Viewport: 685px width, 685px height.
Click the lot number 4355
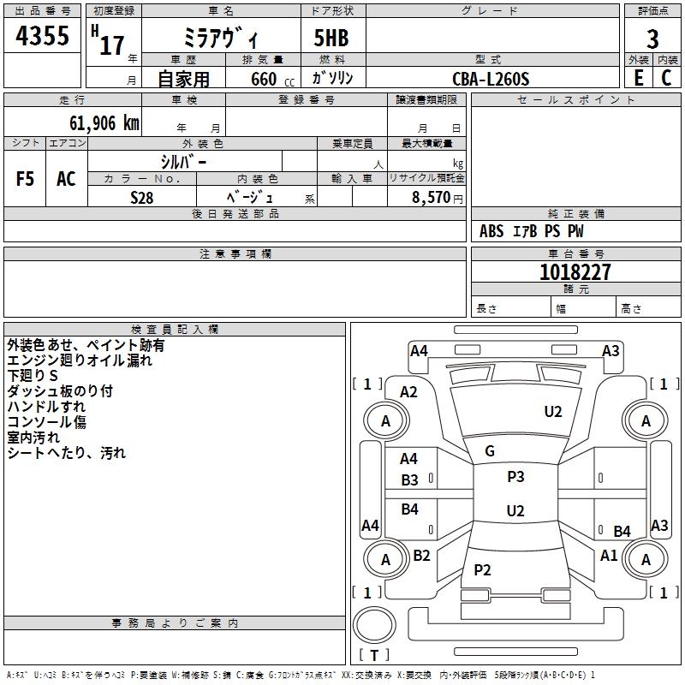pyautogui.click(x=42, y=39)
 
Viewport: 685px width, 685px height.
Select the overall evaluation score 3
pyautogui.click(x=652, y=39)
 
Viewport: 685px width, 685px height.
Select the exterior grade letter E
pyautogui.click(x=638, y=78)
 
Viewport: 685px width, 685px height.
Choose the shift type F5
pyautogui.click(x=26, y=179)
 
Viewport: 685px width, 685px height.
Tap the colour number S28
pyautogui.click(x=141, y=196)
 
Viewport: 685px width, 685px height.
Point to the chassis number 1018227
pyautogui.click(x=575, y=272)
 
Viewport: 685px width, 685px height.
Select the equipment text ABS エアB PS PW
pyautogui.click(x=532, y=231)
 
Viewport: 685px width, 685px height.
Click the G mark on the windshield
pyautogui.click(x=490, y=451)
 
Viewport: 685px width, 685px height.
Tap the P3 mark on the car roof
pyautogui.click(x=515, y=477)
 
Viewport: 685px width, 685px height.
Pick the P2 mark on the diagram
pyautogui.click(x=483, y=570)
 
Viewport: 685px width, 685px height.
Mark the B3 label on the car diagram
pyautogui.click(x=410, y=480)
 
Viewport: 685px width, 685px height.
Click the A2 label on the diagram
pyautogui.click(x=409, y=391)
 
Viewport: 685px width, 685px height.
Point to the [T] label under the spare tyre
pyautogui.click(x=374, y=655)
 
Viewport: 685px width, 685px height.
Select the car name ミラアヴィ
pyautogui.click(x=223, y=39)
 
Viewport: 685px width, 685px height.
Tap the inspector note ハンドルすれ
pyautogui.click(x=46, y=407)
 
